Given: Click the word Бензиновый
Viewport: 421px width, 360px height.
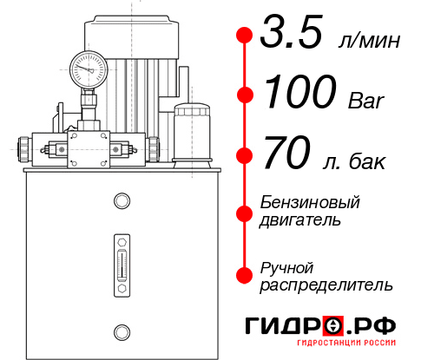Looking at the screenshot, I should coord(310,201).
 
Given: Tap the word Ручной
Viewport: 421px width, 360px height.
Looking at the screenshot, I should coord(286,266).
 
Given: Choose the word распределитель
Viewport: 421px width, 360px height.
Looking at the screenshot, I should coord(326,284).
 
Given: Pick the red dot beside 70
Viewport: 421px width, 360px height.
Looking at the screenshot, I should coord(245,155).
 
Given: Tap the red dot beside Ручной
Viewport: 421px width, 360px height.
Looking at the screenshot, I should coord(245,275).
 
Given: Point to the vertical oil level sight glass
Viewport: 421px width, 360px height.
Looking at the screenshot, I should coord(121,261).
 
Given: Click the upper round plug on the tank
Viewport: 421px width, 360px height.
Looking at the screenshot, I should coord(121,201).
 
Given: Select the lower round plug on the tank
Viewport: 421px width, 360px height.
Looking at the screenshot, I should coord(121,331).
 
